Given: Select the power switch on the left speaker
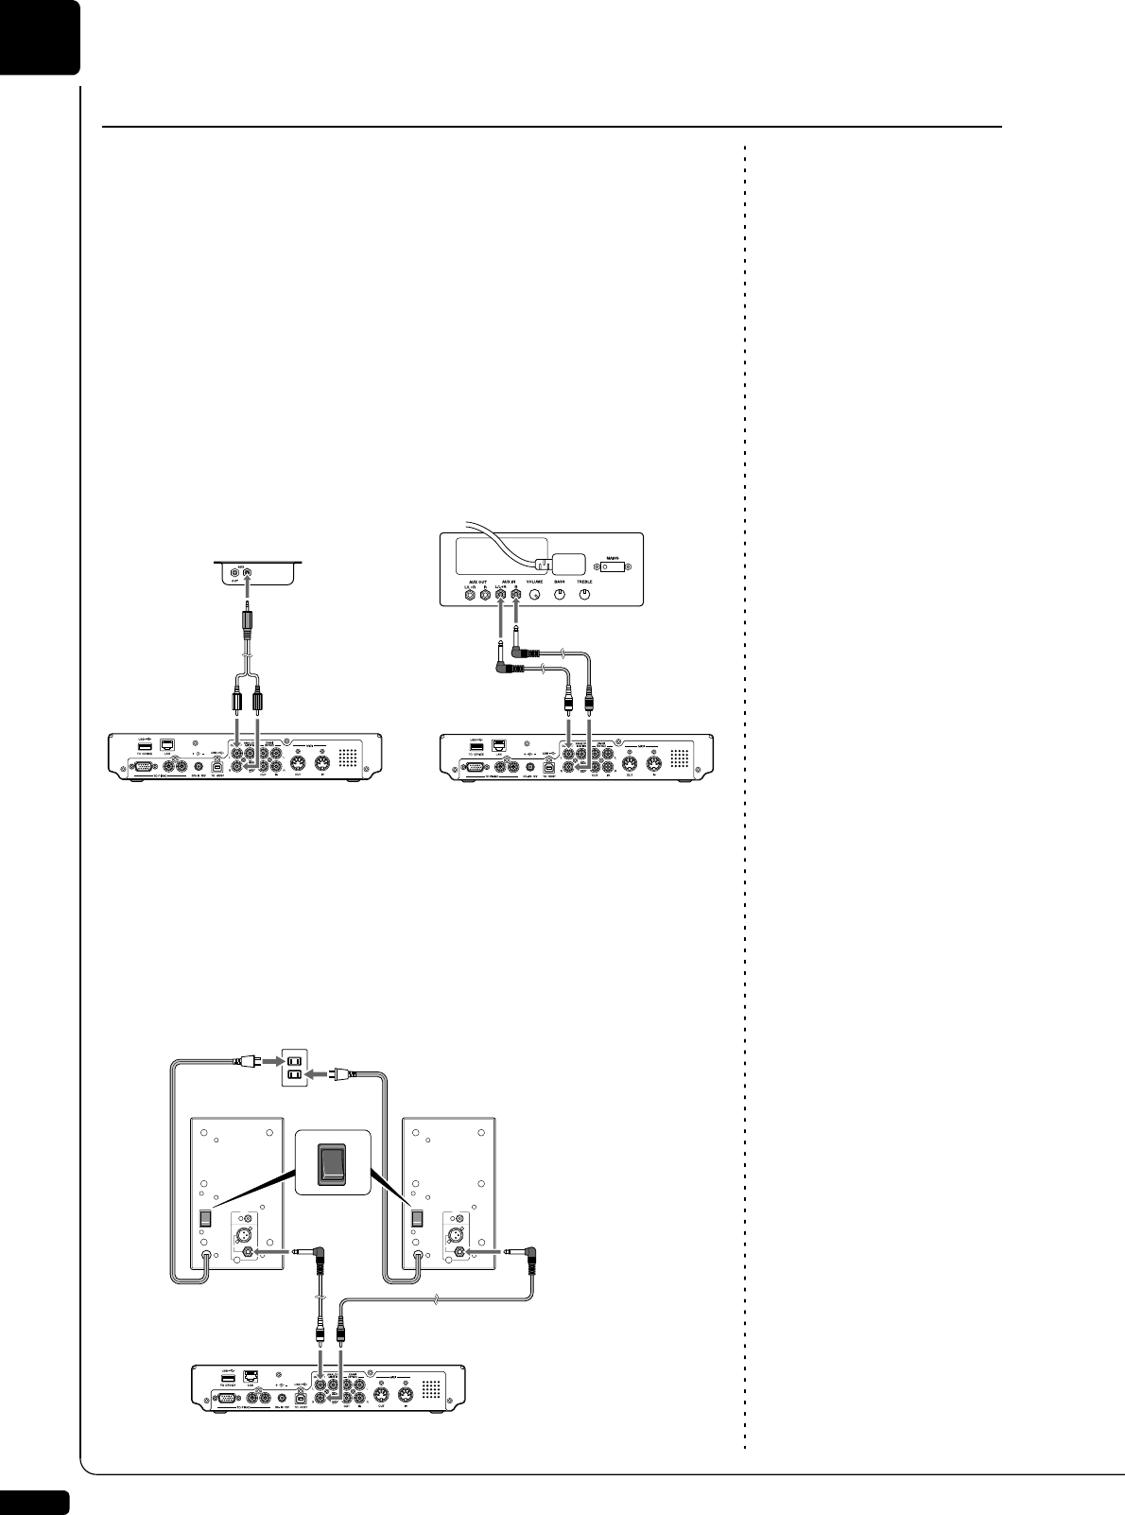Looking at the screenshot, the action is coord(203,1220).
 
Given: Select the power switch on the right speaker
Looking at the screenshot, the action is coord(414,1220).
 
